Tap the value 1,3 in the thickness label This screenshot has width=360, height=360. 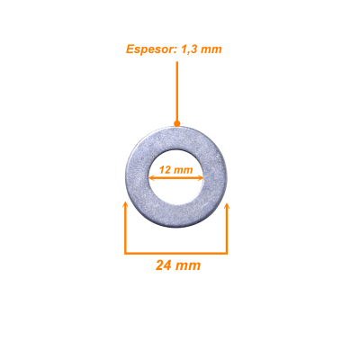[x=188, y=49]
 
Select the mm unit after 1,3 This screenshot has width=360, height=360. [x=211, y=49]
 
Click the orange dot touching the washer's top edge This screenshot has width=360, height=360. [x=177, y=123]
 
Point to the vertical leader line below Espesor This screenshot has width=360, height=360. [x=177, y=91]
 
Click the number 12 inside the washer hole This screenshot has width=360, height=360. [x=165, y=170]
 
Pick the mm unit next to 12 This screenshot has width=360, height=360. [x=183, y=170]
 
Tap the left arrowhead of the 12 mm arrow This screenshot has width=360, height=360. [x=152, y=178]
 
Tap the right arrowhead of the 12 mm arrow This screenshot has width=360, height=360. [x=201, y=178]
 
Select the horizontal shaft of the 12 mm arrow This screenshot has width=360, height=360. [x=176, y=178]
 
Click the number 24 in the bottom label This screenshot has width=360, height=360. [x=163, y=265]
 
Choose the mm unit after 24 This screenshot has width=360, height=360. [x=188, y=266]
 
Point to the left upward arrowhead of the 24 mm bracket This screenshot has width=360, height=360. [x=126, y=205]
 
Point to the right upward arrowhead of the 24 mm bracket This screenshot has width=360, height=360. [x=227, y=206]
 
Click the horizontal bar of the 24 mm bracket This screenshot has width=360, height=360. [x=176, y=253]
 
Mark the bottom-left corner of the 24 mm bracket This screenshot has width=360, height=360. [x=125, y=254]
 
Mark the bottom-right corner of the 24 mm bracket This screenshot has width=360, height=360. [x=227, y=254]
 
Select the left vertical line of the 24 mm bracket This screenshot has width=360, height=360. [x=126, y=229]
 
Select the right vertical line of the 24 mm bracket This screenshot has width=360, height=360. [x=227, y=229]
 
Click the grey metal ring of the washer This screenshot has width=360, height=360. [x=138, y=177]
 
